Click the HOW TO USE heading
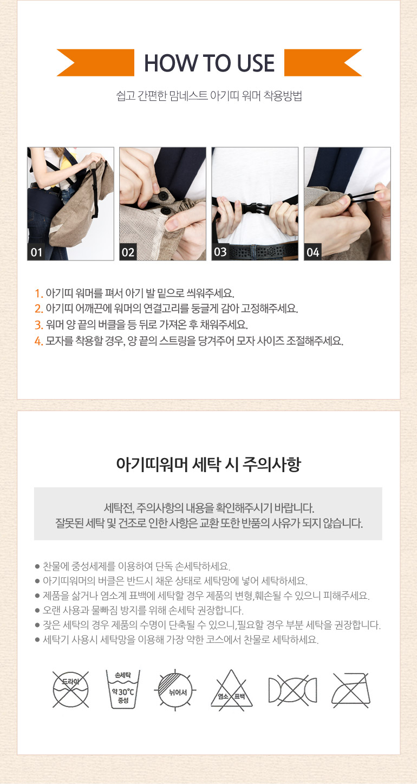click(209, 63)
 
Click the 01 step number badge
click(36, 252)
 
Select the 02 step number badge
click(128, 252)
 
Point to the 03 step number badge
click(220, 252)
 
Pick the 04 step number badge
click(312, 252)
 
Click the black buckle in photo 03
click(257, 210)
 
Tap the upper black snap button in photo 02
click(163, 195)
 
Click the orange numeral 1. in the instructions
click(39, 293)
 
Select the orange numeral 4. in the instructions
click(39, 341)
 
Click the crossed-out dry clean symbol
click(71, 689)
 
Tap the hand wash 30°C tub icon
click(123, 689)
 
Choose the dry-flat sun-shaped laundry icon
click(175, 690)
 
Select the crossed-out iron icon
click(351, 690)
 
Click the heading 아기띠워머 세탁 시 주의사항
click(208, 465)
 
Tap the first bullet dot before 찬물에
click(37, 566)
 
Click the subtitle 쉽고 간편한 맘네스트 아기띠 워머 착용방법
click(209, 95)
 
